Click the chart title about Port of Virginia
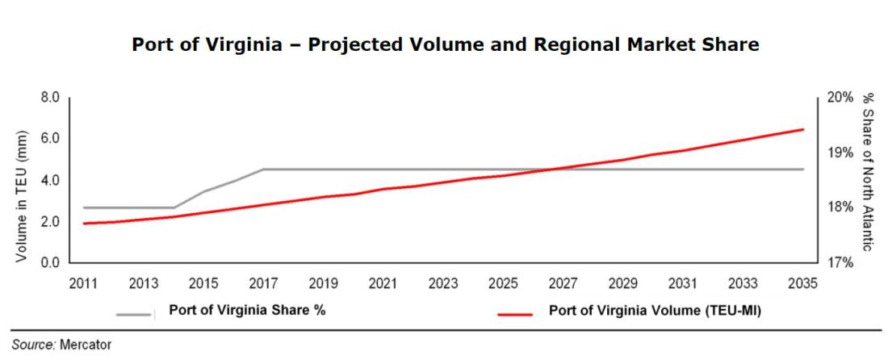445,45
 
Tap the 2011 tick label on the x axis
83,283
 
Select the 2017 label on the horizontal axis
263,283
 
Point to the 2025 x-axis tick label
504,283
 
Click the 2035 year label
803,283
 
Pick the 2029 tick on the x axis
623,283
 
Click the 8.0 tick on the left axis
50,98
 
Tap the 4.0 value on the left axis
50,180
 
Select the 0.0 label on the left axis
50,262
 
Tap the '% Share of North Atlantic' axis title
869,171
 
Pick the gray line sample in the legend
135,315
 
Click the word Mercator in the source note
85,345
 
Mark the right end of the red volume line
803,129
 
